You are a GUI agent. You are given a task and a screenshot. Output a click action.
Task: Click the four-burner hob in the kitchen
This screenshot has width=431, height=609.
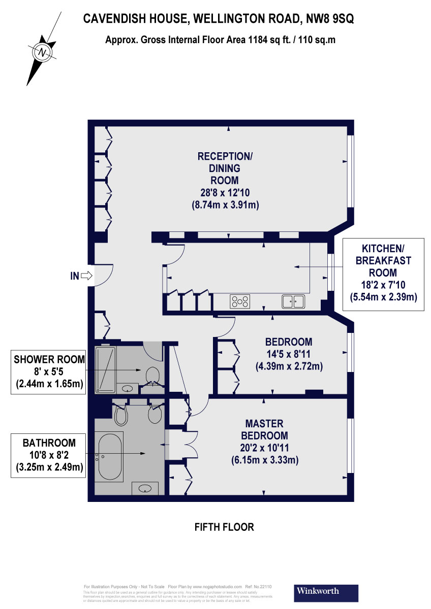241,301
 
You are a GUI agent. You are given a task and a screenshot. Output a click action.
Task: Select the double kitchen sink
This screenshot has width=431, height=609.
293,301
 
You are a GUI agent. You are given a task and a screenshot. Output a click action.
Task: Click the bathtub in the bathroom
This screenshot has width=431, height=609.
110,456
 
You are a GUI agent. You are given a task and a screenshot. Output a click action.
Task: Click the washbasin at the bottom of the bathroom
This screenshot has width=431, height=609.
145,489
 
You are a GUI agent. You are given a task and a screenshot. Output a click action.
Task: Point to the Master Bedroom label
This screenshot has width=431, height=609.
264,429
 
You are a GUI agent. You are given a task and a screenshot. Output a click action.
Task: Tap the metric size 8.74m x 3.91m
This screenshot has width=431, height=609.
225,205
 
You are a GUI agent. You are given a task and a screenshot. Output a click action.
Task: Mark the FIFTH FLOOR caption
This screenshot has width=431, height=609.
224,527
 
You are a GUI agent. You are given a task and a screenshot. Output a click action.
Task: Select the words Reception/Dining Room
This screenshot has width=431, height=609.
225,168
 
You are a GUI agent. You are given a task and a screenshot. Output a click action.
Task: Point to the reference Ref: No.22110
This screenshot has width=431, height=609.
258,586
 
